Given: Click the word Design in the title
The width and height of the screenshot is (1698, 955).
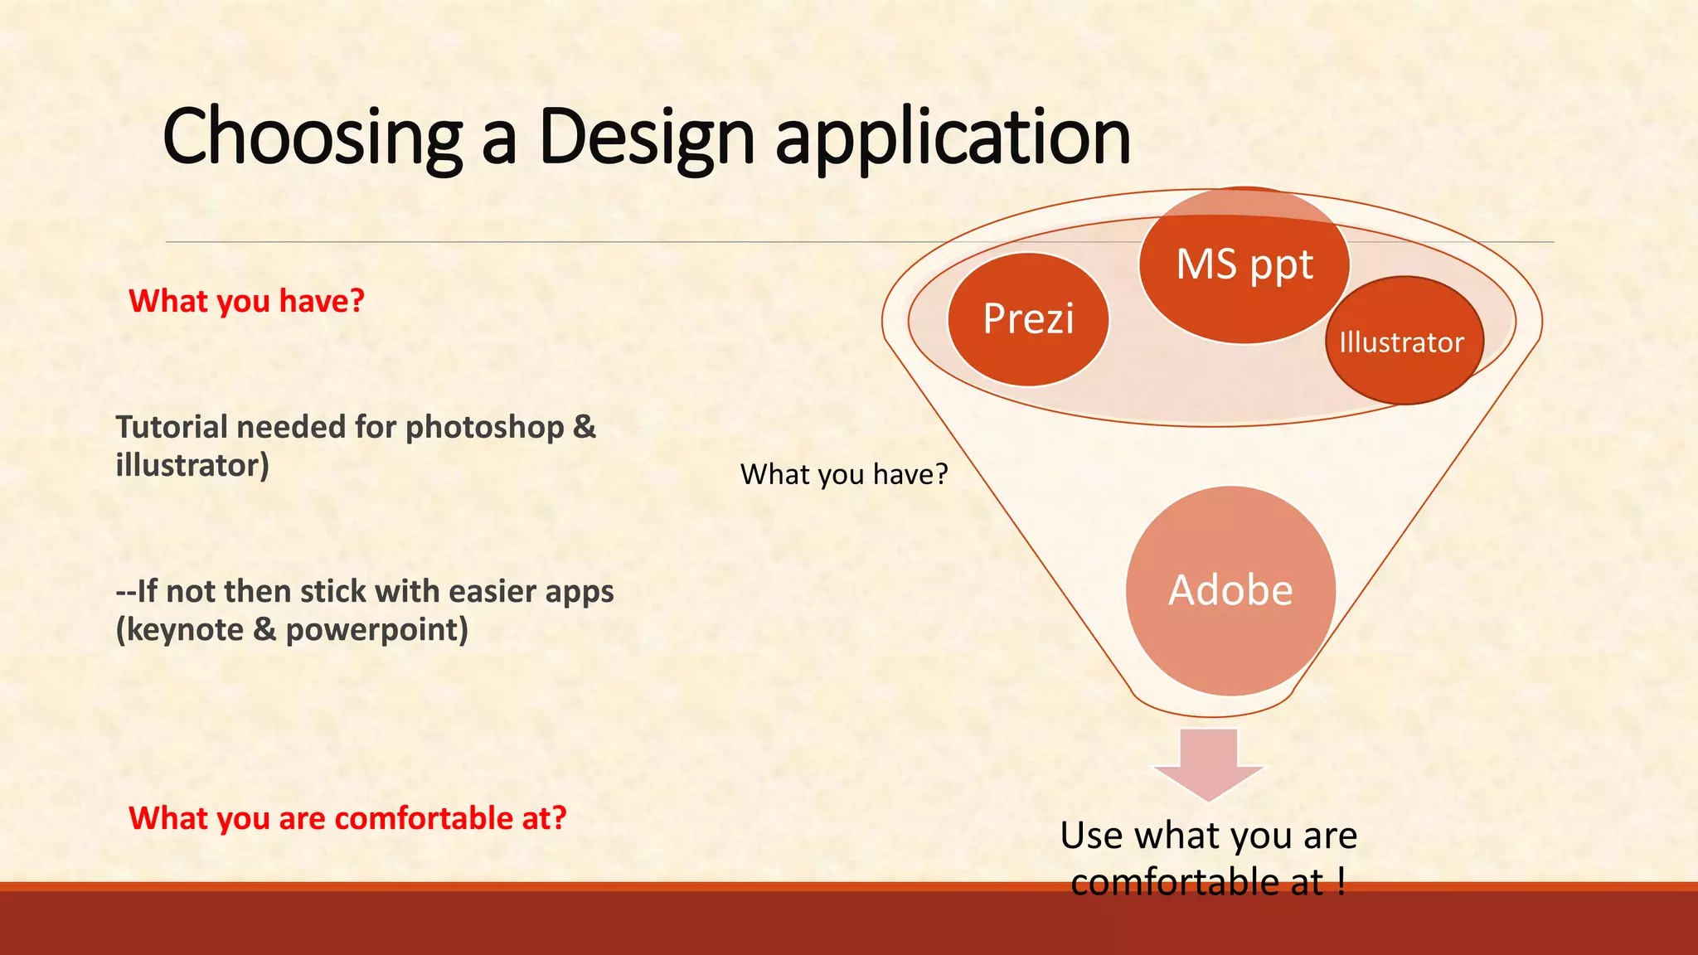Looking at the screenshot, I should coord(646,137).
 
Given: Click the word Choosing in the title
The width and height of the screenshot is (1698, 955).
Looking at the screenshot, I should coord(312,137).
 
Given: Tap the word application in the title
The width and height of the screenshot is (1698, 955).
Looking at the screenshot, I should coord(953,137).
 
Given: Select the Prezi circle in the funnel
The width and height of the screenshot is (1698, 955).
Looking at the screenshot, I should coord(1028,319).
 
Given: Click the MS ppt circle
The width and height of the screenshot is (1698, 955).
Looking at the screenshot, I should coord(1244,265).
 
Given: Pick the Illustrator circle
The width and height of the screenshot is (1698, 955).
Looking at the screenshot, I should coord(1403,342).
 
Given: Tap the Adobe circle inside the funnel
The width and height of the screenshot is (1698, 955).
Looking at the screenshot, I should coord(1230,590).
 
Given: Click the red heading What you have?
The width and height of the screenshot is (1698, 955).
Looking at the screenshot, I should coord(247,301).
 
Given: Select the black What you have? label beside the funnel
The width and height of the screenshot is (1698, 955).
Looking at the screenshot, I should coord(844,474).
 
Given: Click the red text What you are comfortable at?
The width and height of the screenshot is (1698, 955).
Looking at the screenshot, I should coord(348,818).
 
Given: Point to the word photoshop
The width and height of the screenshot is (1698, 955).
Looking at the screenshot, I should coord(484,428).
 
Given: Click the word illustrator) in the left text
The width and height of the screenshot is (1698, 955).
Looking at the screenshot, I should coord(192,466).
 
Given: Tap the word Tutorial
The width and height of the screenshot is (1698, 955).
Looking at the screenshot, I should coord(171,428).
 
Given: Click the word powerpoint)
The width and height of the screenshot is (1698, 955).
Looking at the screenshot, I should coord(376,630).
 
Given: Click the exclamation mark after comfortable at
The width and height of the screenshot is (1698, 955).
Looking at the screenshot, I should coord(1341,881).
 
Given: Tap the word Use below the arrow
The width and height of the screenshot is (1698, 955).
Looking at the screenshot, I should coord(1092,836).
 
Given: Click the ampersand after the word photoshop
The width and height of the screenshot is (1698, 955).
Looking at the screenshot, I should coord(584,428).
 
